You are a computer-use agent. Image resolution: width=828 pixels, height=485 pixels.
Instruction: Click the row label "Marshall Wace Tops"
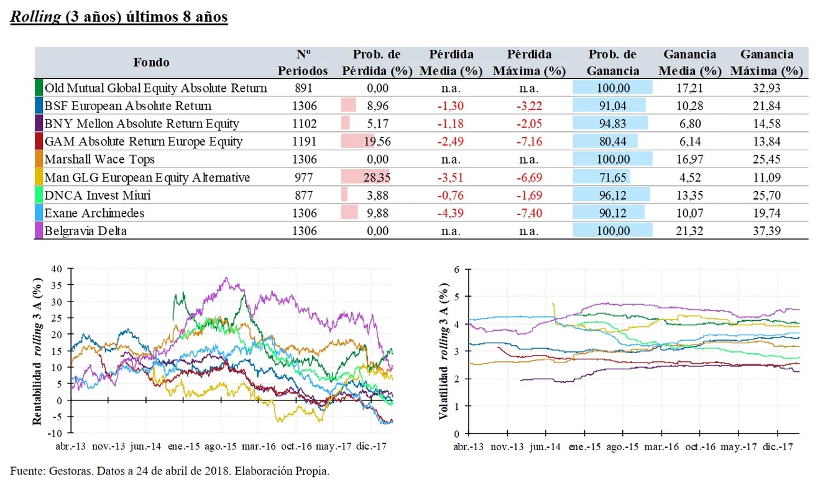point(99,159)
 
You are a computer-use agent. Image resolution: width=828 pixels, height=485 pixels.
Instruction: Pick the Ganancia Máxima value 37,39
point(766,231)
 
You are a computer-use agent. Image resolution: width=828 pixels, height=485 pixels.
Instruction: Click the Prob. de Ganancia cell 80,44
point(612,142)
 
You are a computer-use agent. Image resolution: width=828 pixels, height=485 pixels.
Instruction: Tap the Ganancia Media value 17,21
point(689,88)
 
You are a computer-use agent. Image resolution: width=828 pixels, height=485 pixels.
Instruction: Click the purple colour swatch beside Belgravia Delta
point(39,231)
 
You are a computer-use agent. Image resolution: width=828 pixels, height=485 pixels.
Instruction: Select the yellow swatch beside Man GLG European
point(39,178)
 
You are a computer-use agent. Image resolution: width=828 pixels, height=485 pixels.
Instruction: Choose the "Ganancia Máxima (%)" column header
point(766,63)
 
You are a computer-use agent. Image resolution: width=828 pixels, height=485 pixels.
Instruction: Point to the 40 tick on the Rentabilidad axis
point(58,269)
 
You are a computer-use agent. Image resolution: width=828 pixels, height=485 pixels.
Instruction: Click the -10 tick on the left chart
point(56,433)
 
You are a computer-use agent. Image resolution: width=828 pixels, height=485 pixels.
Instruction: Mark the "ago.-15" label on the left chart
point(221,447)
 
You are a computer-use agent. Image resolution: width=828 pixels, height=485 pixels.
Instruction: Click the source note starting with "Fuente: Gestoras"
point(170,471)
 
